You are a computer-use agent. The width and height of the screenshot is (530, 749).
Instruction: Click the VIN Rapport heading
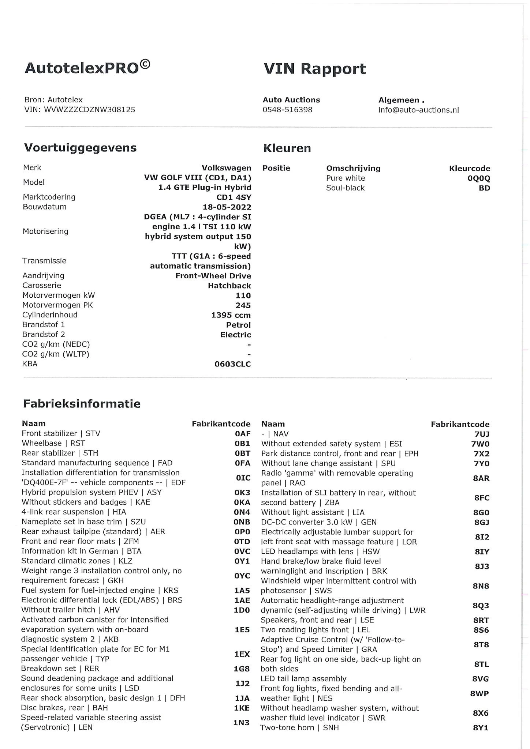point(314,69)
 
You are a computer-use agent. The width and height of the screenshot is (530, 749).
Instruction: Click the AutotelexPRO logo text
point(87,67)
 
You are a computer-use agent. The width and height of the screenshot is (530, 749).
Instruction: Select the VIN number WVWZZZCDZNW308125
point(89,110)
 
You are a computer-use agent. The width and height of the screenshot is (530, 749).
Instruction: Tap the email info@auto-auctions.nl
point(418,110)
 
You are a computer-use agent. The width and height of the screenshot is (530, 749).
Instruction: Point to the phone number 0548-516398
point(287,110)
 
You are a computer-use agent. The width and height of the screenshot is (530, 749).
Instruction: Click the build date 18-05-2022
point(227,207)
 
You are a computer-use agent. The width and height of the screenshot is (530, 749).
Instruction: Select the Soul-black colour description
point(345,188)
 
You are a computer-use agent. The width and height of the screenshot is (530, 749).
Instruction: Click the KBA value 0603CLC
point(232,364)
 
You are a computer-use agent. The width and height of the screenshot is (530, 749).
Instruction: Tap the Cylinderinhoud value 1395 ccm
point(231,315)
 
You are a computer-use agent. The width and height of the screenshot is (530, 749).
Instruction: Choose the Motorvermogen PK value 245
point(243,305)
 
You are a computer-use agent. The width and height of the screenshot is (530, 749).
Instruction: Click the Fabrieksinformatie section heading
point(82,404)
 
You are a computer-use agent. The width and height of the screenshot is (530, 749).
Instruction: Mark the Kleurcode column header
point(469,169)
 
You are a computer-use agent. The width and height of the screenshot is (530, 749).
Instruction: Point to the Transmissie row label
point(44,261)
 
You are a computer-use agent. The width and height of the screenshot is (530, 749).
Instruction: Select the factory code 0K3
point(242,493)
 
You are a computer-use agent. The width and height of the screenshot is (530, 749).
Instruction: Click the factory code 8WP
point(479,693)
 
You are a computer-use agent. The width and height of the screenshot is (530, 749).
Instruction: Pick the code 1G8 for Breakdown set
point(242,669)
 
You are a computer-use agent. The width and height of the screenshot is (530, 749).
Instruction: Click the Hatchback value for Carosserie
point(229,286)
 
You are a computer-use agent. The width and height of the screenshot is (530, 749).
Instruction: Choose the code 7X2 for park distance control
point(481,454)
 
